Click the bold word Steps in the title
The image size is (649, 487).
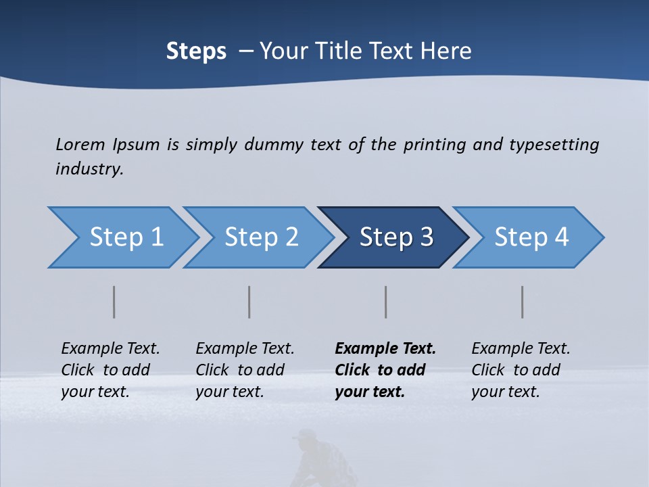click(x=196, y=51)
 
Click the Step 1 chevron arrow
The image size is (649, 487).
click(x=126, y=237)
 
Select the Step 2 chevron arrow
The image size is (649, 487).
click(x=261, y=237)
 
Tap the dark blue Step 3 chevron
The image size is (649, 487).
click(x=395, y=237)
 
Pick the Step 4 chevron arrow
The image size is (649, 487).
click(x=531, y=237)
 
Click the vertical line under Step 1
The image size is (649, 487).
click(x=114, y=302)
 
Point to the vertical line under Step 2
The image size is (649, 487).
click(x=249, y=302)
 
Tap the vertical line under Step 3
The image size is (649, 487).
click(x=386, y=302)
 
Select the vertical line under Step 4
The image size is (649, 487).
click(x=523, y=302)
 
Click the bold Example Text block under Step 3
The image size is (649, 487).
click(x=385, y=370)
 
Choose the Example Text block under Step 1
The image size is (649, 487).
click(x=110, y=370)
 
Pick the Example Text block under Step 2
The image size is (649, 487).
click(x=245, y=370)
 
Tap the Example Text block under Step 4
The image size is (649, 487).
click(x=521, y=370)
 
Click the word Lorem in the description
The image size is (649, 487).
click(x=80, y=144)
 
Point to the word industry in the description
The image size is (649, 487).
click(x=89, y=169)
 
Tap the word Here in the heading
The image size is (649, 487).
click(x=449, y=51)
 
